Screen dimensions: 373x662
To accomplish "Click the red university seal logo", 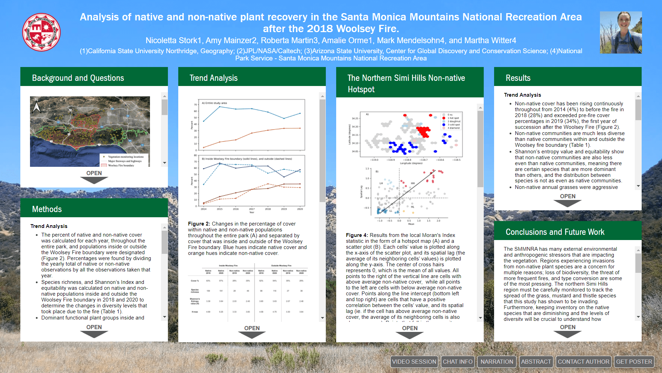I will click(41, 32).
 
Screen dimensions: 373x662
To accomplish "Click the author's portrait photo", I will click(621, 32).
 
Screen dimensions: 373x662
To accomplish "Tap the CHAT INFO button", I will click(458, 362).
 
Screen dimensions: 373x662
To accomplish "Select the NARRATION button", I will click(496, 362).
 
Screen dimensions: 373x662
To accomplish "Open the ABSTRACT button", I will click(536, 362).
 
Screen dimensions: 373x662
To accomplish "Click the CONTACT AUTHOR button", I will click(583, 362).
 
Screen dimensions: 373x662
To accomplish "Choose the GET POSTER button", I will click(634, 362).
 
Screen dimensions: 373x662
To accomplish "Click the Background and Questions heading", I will click(78, 78).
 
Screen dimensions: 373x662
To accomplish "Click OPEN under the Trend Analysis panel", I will click(252, 331).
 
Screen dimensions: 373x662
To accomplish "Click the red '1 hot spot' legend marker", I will click(444, 118).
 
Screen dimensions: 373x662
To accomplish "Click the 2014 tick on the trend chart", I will click(203, 209).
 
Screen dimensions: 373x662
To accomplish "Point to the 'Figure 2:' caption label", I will click(199, 224).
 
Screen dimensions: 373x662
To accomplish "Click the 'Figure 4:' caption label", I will click(357, 235).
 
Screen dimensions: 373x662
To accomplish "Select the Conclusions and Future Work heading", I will click(555, 232).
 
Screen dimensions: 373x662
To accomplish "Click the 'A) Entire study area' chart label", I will click(214, 103).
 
